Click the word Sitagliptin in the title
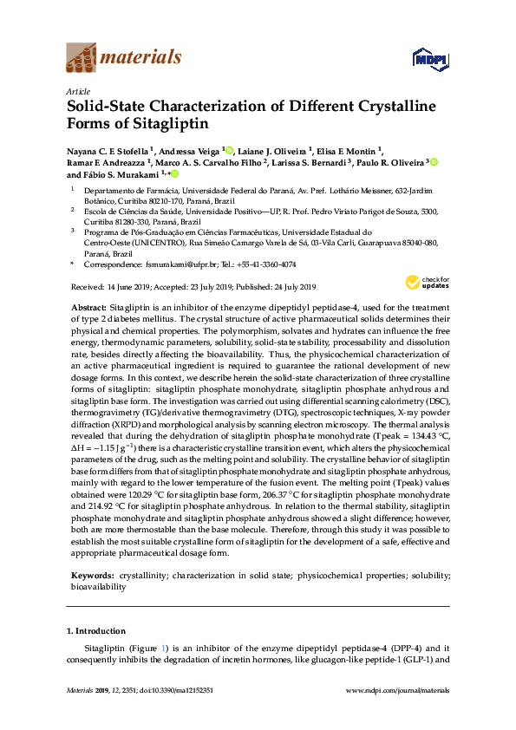133,128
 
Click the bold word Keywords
91,576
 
